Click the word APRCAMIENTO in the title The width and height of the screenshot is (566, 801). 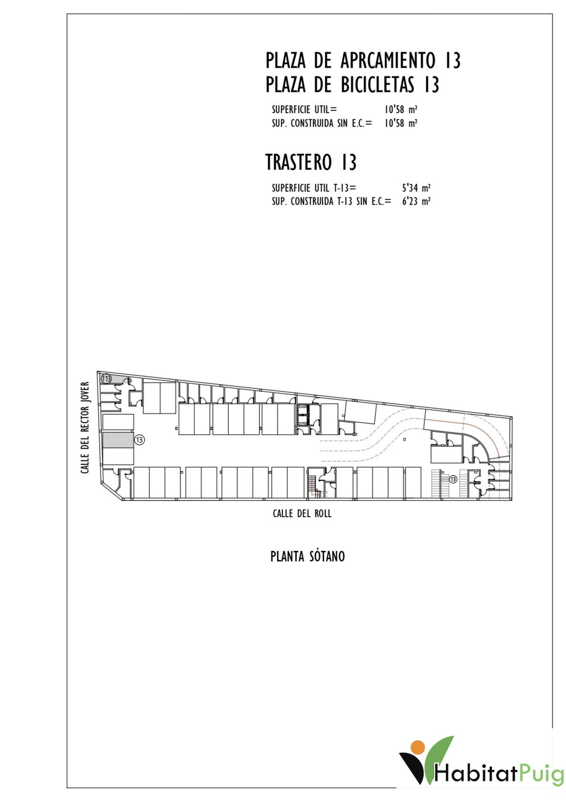388,60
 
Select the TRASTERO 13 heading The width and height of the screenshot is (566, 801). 311,162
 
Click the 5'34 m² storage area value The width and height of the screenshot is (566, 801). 416,188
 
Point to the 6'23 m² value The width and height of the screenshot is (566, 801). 416,201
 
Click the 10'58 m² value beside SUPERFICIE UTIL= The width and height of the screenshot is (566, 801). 401,109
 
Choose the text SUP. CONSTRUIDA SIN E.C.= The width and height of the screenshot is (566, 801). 322,124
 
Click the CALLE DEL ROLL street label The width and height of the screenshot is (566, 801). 302,514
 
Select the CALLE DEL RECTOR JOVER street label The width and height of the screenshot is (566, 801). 85,428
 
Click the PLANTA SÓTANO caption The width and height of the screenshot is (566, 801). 308,557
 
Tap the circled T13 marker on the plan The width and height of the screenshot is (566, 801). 106,378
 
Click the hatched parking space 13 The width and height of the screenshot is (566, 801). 118,440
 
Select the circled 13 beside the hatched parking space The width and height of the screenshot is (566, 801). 139,440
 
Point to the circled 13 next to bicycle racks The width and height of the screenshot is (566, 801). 453,479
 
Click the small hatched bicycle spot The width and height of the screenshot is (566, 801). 444,478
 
